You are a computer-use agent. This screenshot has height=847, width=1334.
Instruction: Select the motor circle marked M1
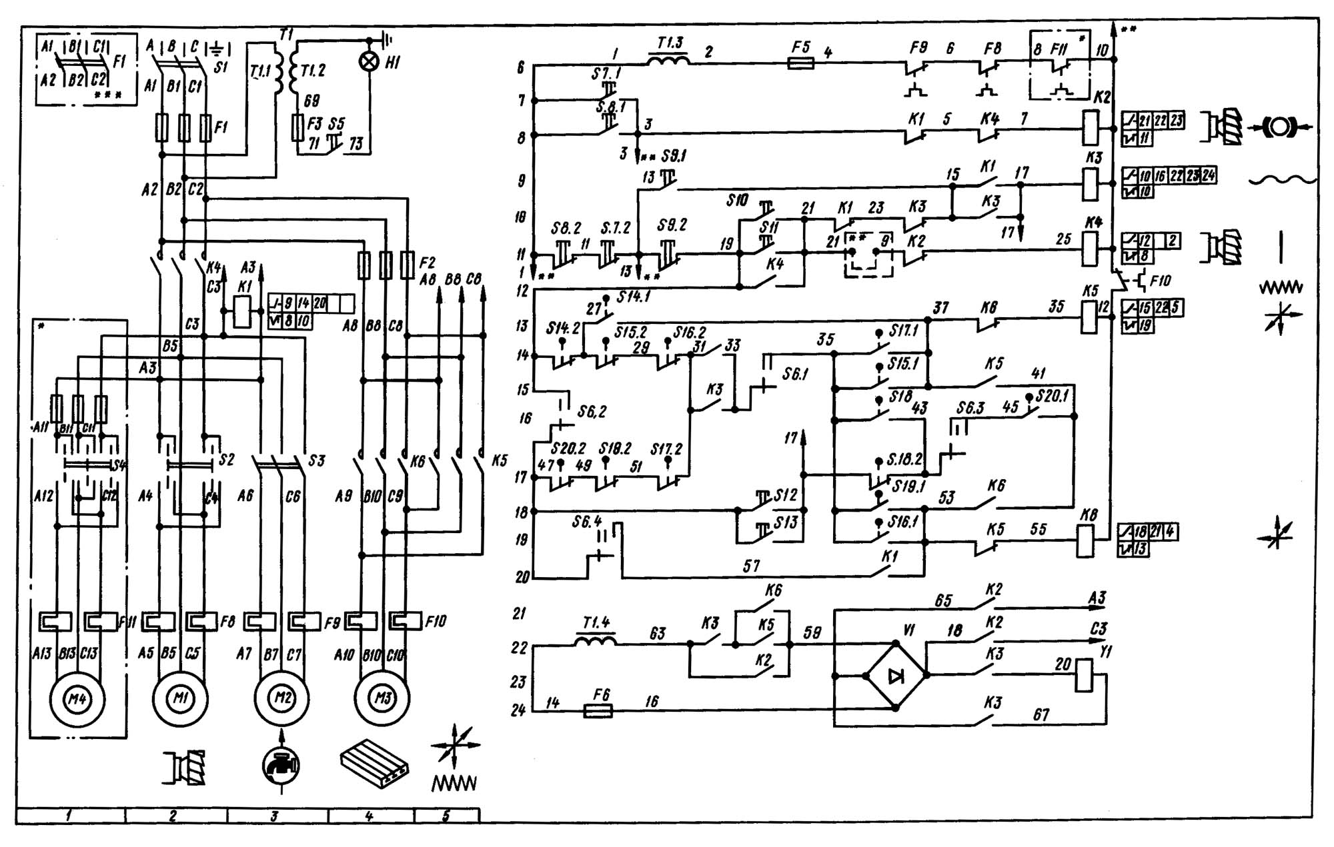pyautogui.click(x=180, y=699)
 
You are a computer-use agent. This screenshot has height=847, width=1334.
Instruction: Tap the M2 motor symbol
pyautogui.click(x=282, y=698)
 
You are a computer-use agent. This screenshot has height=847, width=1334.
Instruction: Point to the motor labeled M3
pyautogui.click(x=382, y=698)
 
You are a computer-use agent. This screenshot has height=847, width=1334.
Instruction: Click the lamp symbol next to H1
pyautogui.click(x=368, y=61)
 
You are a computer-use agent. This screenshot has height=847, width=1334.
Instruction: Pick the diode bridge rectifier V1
pyautogui.click(x=895, y=676)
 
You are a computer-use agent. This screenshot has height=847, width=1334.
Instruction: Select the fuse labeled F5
pyautogui.click(x=800, y=63)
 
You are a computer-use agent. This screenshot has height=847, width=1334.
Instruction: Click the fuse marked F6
pyautogui.click(x=598, y=711)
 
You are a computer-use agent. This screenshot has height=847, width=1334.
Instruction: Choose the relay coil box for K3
pyautogui.click(x=1089, y=184)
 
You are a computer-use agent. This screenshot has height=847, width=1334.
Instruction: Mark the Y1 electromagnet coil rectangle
pyautogui.click(x=1083, y=676)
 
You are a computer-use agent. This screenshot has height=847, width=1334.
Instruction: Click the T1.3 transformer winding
pyautogui.click(x=670, y=61)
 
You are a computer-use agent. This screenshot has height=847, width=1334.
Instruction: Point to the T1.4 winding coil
pyautogui.click(x=596, y=641)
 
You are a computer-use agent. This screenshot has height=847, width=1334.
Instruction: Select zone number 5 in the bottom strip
pyautogui.click(x=446, y=816)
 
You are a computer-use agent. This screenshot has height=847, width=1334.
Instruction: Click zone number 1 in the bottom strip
pyautogui.click(x=70, y=816)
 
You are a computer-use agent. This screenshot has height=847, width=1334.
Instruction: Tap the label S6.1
pyautogui.click(x=795, y=374)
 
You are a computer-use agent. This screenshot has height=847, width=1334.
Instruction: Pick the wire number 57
pyautogui.click(x=751, y=566)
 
